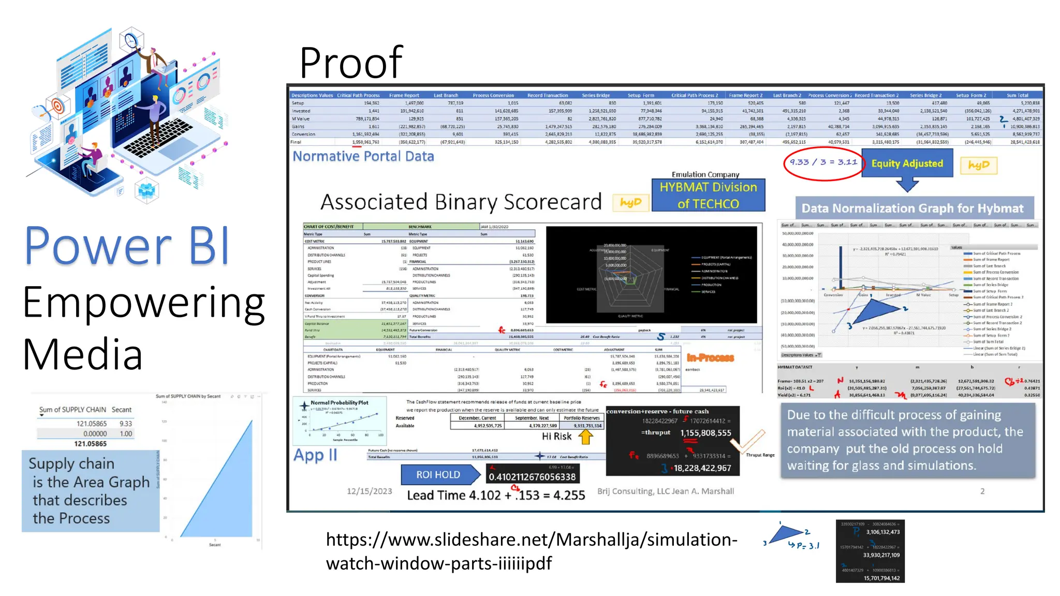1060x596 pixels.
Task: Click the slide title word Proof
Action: (351, 63)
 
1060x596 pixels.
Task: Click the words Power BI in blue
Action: (127, 246)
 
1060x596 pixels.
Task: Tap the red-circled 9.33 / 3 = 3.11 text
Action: (823, 162)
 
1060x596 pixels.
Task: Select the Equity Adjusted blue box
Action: (907, 163)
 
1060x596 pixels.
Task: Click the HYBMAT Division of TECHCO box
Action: (708, 195)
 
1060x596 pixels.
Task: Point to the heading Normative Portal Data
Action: (363, 156)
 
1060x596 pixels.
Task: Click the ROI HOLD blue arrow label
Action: (438, 474)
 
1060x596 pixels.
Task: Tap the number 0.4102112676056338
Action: (532, 476)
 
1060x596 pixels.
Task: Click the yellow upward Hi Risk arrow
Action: (585, 437)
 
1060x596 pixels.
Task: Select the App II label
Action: (315, 455)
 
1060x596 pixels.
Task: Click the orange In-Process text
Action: (710, 357)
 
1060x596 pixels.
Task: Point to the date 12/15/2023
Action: (369, 491)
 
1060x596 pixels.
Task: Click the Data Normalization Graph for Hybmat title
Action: (912, 208)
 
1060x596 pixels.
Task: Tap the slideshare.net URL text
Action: (531, 551)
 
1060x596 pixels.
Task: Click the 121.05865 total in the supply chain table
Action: (90, 444)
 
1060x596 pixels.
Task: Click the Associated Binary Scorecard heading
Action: (461, 202)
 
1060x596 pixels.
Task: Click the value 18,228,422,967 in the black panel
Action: (702, 468)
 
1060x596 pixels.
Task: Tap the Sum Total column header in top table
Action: (1017, 95)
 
